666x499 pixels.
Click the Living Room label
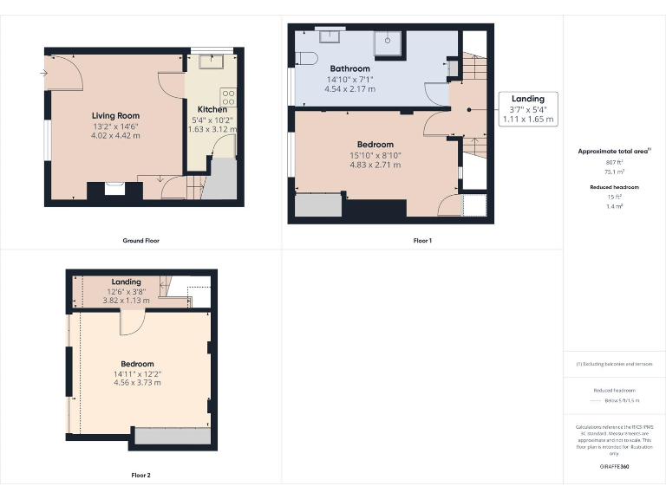tap(115, 115)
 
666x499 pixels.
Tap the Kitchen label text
tap(212, 109)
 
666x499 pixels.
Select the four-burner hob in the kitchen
tap(228, 98)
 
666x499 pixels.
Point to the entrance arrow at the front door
tap(42, 73)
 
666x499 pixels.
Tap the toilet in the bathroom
tap(302, 58)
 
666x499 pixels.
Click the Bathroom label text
tap(349, 68)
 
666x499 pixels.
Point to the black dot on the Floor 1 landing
tap(469, 109)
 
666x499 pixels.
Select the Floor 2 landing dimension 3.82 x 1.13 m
tap(127, 301)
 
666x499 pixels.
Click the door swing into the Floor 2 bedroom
tap(132, 321)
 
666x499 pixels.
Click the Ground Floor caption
tap(140, 240)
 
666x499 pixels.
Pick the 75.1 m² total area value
tap(614, 172)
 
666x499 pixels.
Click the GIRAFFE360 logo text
tap(614, 466)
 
